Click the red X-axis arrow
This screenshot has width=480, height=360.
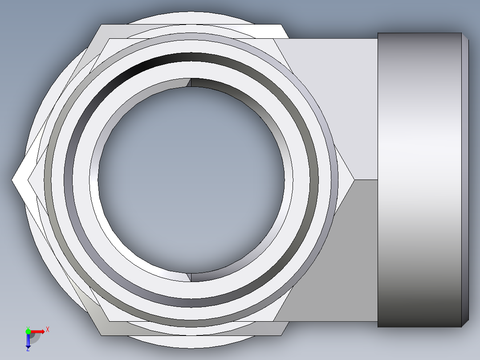coord(38,331)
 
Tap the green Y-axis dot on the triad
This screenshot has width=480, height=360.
coord(28,331)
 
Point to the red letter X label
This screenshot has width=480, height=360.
coord(47,329)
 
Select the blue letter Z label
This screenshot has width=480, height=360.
coord(28,350)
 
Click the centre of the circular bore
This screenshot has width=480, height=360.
coord(191,180)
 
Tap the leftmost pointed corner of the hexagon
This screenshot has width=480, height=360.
coord(12,180)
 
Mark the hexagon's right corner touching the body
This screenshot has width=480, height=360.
coord(354,180)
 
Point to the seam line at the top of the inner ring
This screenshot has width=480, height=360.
coord(191,82)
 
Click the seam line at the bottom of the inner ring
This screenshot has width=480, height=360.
coord(191,277)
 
